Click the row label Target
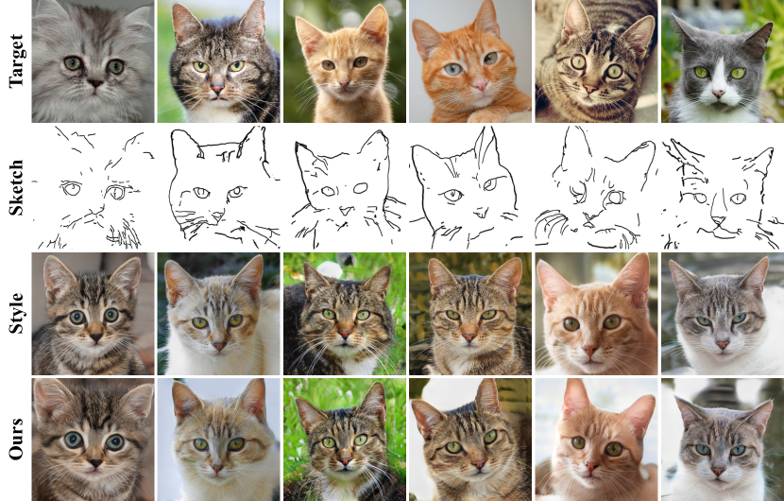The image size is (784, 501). (x=16, y=60)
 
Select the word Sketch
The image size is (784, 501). (x=16, y=188)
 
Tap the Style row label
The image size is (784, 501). (x=16, y=313)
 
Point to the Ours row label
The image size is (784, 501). (x=16, y=439)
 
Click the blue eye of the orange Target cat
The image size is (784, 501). (x=452, y=70)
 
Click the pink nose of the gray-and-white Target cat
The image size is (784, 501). (x=718, y=94)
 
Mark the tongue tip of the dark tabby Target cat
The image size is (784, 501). (x=217, y=98)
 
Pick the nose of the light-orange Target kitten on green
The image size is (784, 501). (x=343, y=83)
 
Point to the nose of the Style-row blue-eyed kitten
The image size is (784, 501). (x=95, y=337)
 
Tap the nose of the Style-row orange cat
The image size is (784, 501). (x=590, y=349)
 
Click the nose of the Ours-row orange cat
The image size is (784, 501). (x=591, y=468)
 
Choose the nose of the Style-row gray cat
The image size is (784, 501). (x=723, y=344)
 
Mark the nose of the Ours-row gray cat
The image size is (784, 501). (x=719, y=471)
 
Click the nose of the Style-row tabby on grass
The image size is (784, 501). (x=345, y=335)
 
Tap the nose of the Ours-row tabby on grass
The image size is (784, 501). (x=344, y=461)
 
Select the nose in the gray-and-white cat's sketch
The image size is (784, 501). (x=718, y=220)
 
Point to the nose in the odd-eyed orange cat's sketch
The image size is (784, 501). (x=481, y=214)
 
